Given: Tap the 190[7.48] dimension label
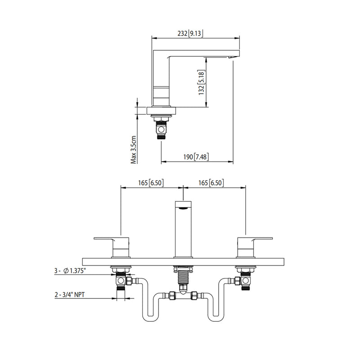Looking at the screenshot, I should click(194, 157).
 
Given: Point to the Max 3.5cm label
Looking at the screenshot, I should click(134, 149).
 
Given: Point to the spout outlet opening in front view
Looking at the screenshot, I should click(183, 208).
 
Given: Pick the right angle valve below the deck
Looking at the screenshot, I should click(245, 282).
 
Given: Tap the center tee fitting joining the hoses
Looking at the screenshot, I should click(183, 297).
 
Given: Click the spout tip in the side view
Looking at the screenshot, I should click(232, 57).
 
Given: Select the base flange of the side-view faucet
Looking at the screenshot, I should click(160, 111).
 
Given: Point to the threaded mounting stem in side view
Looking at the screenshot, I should click(161, 128).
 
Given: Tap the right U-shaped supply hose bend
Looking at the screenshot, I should click(216, 315).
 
